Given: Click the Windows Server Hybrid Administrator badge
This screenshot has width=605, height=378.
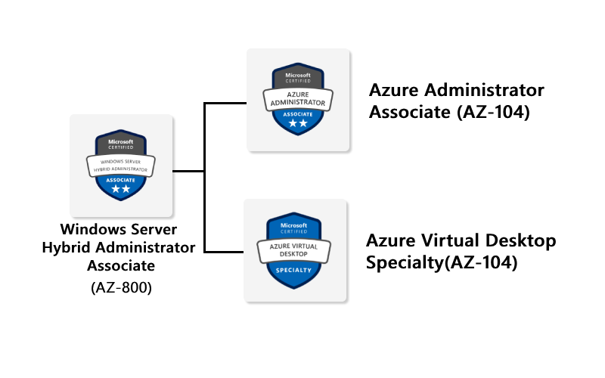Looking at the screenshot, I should pos(121,166).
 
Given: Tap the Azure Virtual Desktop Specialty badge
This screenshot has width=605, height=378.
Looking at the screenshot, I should pos(295,250).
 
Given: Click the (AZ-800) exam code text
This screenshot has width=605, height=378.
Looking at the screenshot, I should pos(121,287).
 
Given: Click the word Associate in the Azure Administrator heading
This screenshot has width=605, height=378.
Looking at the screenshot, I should pos(405,113).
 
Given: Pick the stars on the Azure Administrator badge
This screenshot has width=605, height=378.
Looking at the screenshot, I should pos(298,122).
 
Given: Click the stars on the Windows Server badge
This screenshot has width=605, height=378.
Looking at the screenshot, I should pos(121,190).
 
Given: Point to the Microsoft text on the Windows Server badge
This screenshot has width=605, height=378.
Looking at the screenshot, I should pos(121,142).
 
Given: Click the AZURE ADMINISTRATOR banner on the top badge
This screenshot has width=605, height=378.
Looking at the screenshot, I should pos(298,98).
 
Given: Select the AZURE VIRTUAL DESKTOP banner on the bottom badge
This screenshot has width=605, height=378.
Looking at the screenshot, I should pos(295,249).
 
